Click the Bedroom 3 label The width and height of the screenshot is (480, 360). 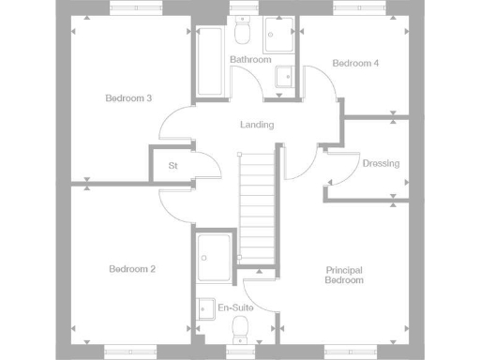point(128,98)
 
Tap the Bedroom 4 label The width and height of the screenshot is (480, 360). point(355,64)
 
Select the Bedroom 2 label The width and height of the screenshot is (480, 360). point(131,269)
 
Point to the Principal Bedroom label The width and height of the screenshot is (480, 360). point(343,275)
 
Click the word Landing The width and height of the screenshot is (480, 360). point(256,125)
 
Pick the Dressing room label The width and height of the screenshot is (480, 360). point(380,163)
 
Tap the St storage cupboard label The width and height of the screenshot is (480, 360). point(173,166)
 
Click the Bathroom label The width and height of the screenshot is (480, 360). point(250,60)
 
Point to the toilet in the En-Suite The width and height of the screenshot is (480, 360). point(240,329)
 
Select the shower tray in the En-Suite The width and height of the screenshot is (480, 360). point(215,258)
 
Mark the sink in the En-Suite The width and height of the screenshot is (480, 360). point(205,307)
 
